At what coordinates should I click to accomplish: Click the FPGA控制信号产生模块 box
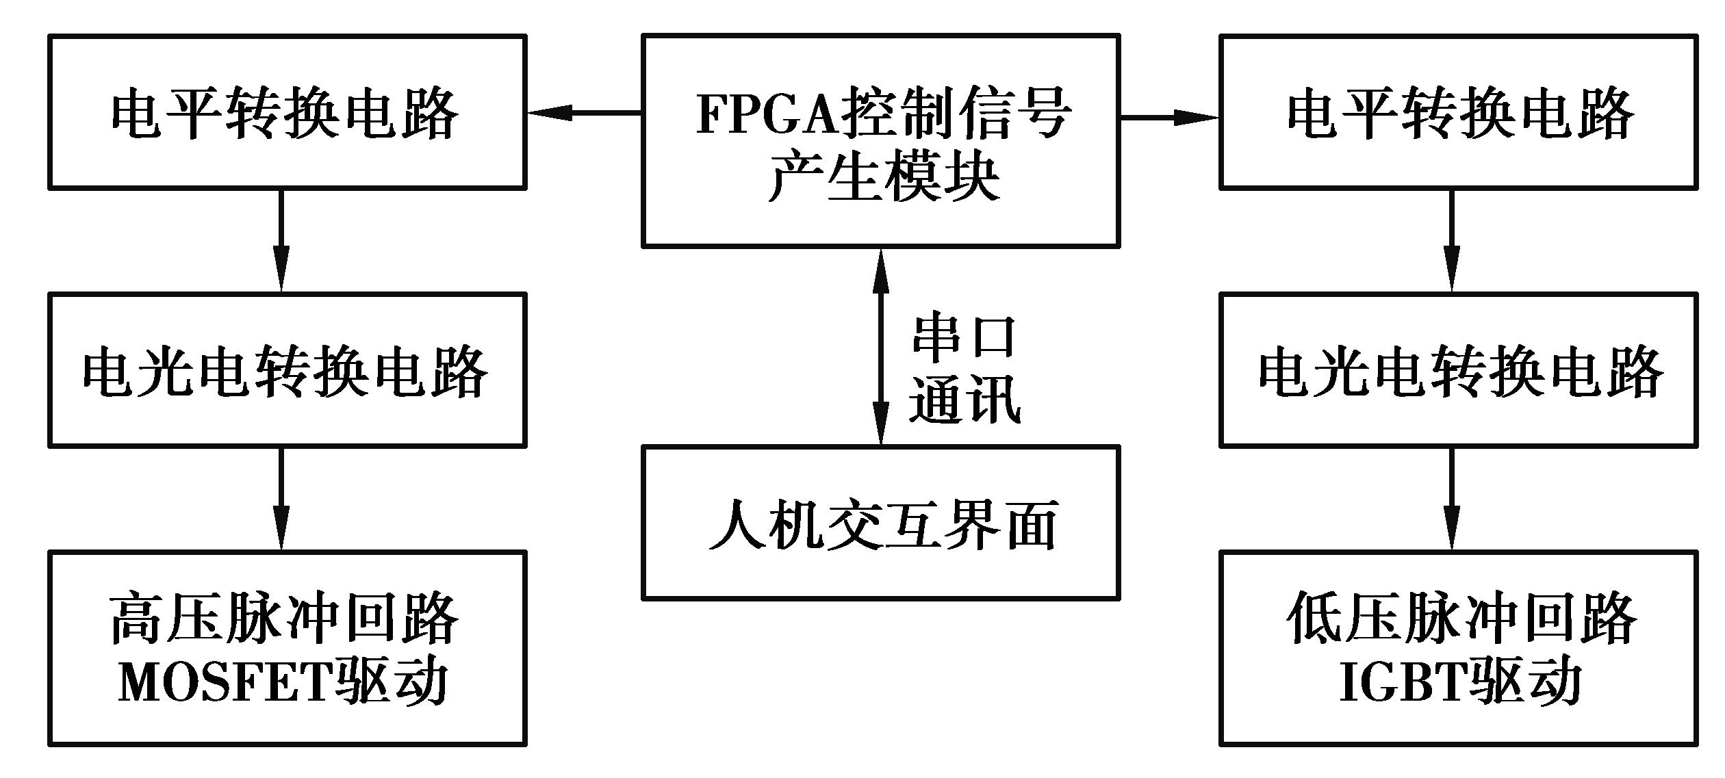(880, 141)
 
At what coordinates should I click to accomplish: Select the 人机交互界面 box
(880, 523)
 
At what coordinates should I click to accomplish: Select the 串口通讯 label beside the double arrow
(964, 369)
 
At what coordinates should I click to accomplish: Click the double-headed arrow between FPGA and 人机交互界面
(880, 347)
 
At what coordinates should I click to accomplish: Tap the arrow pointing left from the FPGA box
(584, 113)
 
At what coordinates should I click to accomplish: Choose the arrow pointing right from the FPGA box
(1169, 118)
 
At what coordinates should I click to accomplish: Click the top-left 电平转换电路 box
(287, 112)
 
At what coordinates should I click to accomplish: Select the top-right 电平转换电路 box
(1458, 112)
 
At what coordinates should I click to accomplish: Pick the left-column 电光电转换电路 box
(287, 370)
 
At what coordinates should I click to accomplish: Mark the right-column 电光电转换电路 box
(1458, 370)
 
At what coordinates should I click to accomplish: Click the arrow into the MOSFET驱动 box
(281, 499)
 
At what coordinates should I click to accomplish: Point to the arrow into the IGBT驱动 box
(1452, 499)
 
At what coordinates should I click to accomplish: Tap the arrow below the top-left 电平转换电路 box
(281, 241)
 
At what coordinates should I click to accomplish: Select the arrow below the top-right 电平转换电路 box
(1452, 241)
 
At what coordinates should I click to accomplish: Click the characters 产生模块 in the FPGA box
(883, 177)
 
